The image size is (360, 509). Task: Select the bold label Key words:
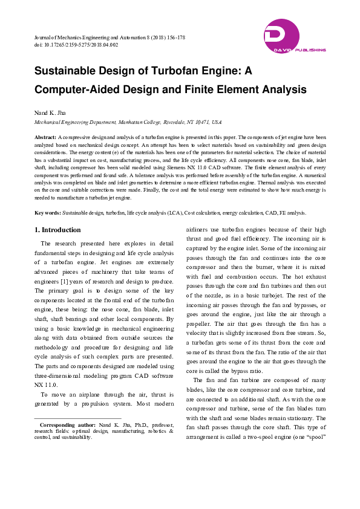47,213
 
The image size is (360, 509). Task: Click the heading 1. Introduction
57,230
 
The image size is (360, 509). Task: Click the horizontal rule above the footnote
77,418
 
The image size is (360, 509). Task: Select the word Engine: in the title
218,71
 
